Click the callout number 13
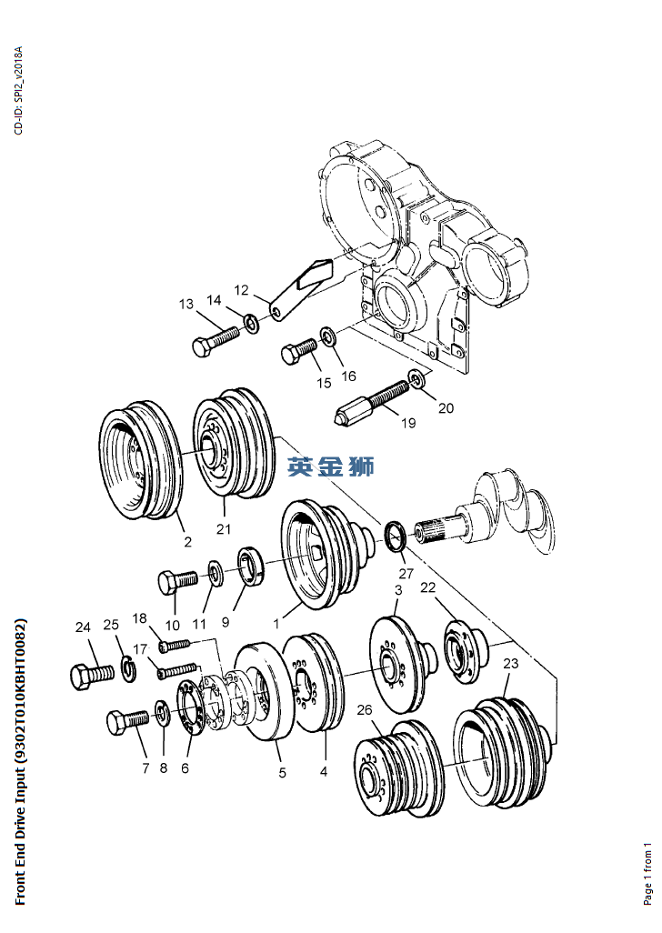pyautogui.click(x=186, y=304)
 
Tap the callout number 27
pyautogui.click(x=406, y=574)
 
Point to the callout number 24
pyautogui.click(x=84, y=627)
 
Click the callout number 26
pyautogui.click(x=365, y=709)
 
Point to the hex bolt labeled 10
pyautogui.click(x=176, y=580)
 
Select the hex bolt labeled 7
pyautogui.click(x=126, y=722)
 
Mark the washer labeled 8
pyautogui.click(x=161, y=711)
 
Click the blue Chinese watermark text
pyautogui.click(x=330, y=466)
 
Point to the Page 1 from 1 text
pyautogui.click(x=648, y=872)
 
